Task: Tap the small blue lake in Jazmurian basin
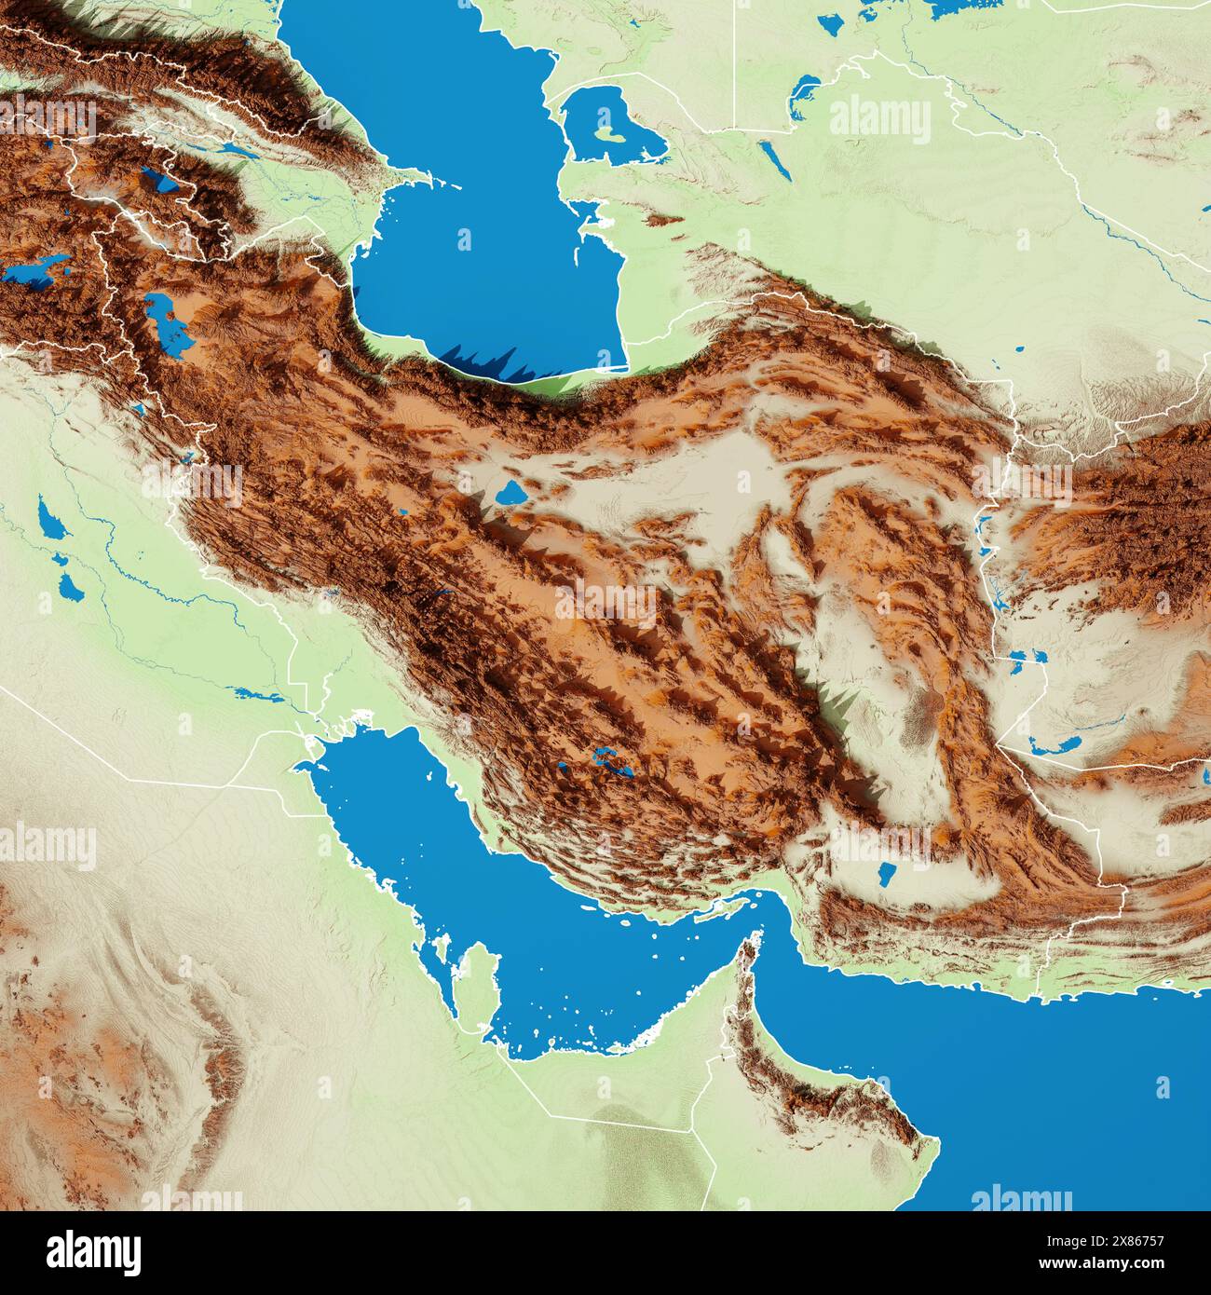coord(886,875)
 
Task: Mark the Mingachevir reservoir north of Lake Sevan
coord(233,149)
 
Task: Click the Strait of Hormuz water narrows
coord(773,918)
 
